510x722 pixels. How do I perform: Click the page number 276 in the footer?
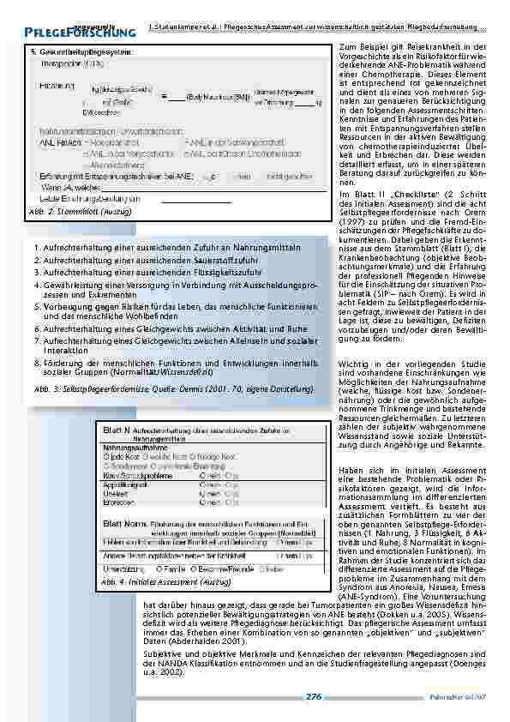tap(313, 697)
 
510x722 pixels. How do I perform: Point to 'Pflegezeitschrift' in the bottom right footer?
tap(459, 697)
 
